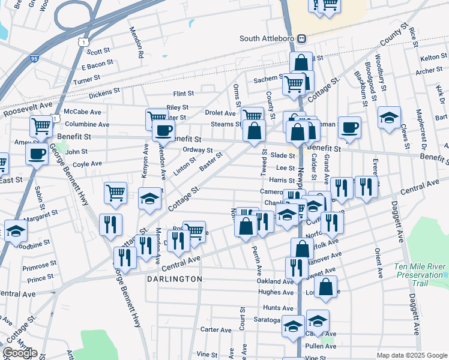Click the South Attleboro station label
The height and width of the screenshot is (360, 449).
coord(268,38)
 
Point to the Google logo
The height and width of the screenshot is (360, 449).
coord(20,353)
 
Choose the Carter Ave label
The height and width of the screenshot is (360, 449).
coord(216,330)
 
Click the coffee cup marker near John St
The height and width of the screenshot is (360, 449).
coord(37,154)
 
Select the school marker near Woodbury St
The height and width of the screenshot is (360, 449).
coord(389,117)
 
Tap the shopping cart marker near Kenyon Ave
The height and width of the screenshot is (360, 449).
coord(156,118)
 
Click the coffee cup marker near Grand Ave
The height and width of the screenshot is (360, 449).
coord(350,127)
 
